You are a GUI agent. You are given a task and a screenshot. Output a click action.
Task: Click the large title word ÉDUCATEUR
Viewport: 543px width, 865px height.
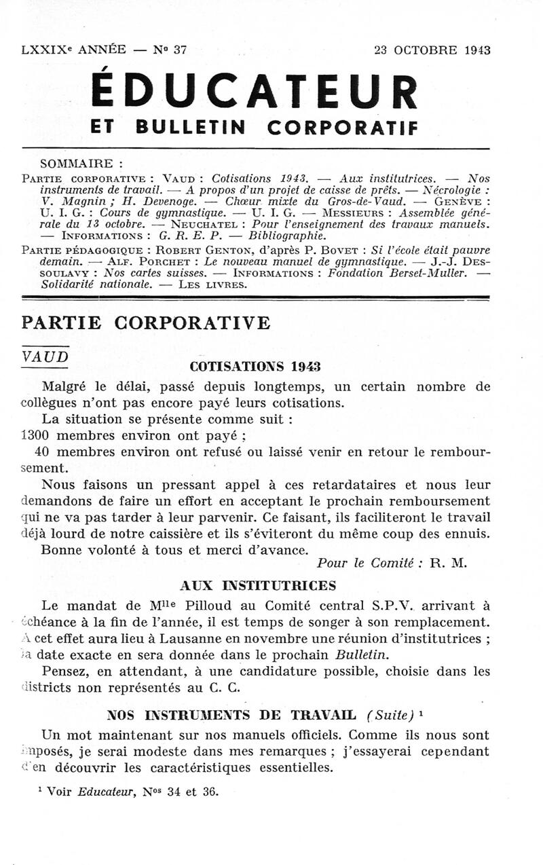pos(254,92)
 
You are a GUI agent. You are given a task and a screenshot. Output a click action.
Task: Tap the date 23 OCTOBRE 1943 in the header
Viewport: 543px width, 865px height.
pos(432,50)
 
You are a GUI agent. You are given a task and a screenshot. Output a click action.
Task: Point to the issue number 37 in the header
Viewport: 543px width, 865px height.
pos(180,50)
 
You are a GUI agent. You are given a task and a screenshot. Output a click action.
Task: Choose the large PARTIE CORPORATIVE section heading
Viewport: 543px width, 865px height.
pos(146,323)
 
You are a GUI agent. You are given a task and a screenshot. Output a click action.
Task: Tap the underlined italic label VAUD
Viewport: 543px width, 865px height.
pos(45,356)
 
